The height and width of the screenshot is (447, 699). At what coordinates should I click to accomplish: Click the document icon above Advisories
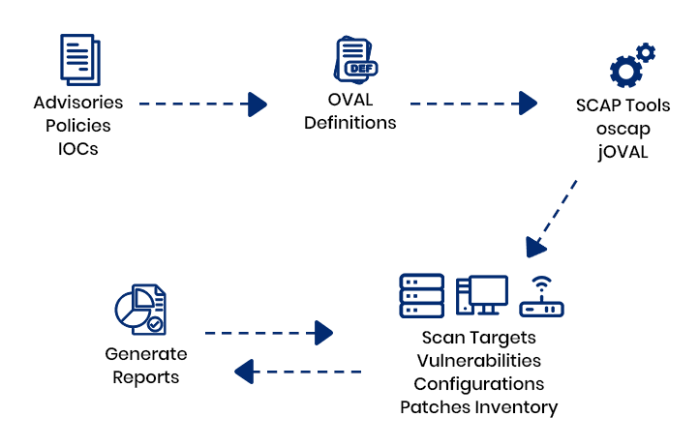pyautogui.click(x=79, y=59)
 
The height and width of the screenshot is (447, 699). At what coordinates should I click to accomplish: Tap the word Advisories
pyautogui.click(x=78, y=103)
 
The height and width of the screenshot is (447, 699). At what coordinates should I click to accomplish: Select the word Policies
pyautogui.click(x=78, y=126)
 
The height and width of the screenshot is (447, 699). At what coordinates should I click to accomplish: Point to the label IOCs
pyautogui.click(x=78, y=149)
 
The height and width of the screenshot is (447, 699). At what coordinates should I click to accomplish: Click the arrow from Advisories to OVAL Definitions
pyautogui.click(x=202, y=103)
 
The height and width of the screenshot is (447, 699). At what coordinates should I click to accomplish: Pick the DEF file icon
pyautogui.click(x=355, y=60)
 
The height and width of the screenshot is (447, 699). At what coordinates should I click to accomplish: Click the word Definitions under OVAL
pyautogui.click(x=349, y=123)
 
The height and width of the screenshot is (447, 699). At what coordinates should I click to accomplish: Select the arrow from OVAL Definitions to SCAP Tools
pyautogui.click(x=473, y=103)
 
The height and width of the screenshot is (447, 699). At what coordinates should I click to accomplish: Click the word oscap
pyautogui.click(x=623, y=129)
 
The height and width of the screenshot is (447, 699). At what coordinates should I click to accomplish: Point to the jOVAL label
pyautogui.click(x=623, y=152)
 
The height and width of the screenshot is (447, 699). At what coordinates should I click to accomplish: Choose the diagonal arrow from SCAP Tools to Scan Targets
pyautogui.click(x=552, y=218)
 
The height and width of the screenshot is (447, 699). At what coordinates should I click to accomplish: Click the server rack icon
pyautogui.click(x=422, y=295)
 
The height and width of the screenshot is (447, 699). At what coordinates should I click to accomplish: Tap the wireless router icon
pyautogui.click(x=541, y=298)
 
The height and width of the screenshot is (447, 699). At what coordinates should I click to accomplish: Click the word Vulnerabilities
pyautogui.click(x=478, y=361)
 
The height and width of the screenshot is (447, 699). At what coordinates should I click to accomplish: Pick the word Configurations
pyautogui.click(x=479, y=384)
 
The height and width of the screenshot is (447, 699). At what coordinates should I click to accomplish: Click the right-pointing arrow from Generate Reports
pyautogui.click(x=268, y=333)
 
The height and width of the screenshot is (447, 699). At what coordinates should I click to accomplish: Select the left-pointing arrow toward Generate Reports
pyautogui.click(x=298, y=371)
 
